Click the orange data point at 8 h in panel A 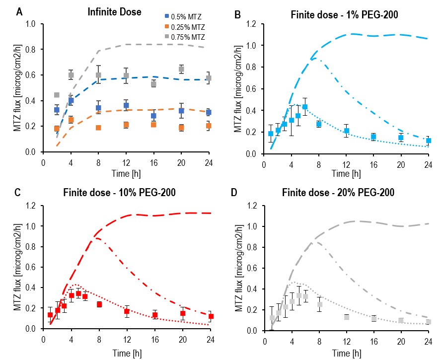98,128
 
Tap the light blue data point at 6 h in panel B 305,107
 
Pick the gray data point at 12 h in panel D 346,317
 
